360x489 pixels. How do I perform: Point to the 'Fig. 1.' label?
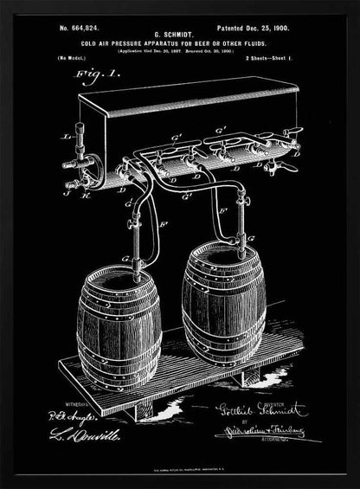pyautogui.click(x=76, y=75)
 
